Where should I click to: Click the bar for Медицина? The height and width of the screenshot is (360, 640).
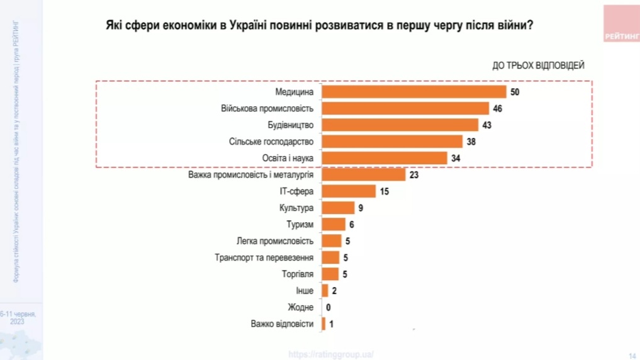point(414,92)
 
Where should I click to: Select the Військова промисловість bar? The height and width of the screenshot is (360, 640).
point(405,108)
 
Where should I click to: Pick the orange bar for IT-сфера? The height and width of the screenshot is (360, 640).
point(349,191)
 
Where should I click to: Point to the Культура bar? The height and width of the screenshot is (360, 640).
point(338,207)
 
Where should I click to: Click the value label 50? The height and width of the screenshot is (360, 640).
point(515,92)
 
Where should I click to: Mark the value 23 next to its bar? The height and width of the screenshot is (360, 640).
point(414,174)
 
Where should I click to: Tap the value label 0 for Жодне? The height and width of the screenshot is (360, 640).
point(328,308)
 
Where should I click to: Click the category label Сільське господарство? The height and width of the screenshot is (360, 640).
point(271,141)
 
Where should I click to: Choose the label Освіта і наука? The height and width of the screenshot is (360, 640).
point(288,157)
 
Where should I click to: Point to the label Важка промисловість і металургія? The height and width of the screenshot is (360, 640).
point(250,174)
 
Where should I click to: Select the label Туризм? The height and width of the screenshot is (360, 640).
point(300,224)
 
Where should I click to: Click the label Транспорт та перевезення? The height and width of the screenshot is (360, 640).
point(264,257)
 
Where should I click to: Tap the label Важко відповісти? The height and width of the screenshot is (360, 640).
point(281,324)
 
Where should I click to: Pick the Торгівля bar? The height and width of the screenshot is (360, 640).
point(330,274)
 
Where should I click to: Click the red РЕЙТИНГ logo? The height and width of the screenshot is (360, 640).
point(620,24)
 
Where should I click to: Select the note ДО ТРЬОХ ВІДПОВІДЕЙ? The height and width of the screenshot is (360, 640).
point(538,65)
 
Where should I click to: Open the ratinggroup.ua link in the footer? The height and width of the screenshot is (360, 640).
point(331,354)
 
